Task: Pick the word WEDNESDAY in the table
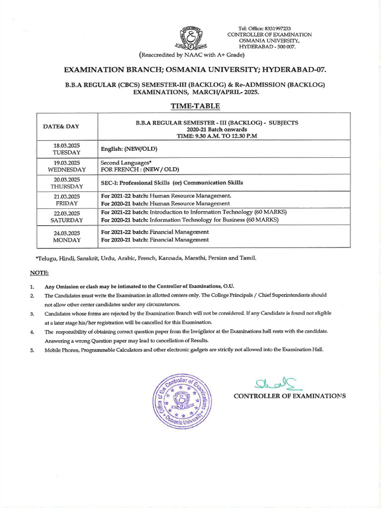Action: pyautogui.click(x=67, y=169)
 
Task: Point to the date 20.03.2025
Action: pyautogui.click(x=67, y=179)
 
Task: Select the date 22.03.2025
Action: pyautogui.click(x=67, y=213)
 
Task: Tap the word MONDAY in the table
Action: pyautogui.click(x=67, y=240)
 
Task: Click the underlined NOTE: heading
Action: pyautogui.click(x=39, y=273)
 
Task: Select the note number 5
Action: pyautogui.click(x=32, y=349)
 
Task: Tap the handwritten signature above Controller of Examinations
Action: pyautogui.click(x=270, y=382)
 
